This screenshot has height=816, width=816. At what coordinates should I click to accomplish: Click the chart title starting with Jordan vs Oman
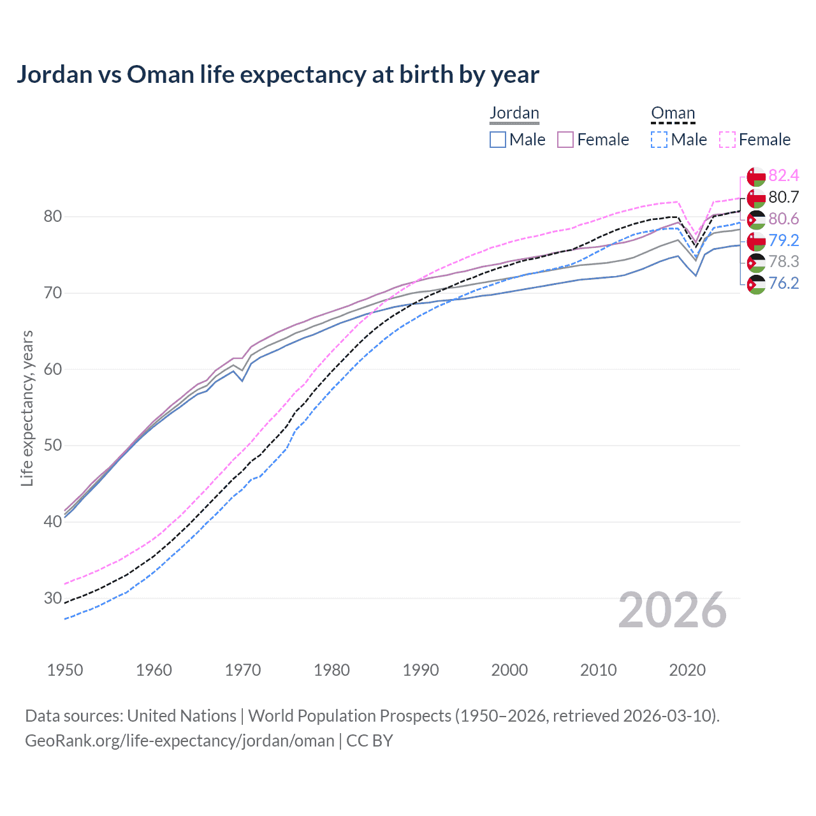[x=278, y=75]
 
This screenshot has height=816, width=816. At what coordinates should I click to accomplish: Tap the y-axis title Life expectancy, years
[x=27, y=408]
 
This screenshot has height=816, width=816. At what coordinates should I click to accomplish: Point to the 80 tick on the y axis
[x=52, y=217]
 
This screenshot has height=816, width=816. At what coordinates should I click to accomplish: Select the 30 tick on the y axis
[x=52, y=598]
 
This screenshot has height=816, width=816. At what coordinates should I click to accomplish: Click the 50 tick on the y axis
[x=52, y=445]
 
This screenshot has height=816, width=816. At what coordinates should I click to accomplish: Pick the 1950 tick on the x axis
[x=65, y=670]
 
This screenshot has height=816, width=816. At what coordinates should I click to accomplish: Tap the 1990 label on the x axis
[x=421, y=670]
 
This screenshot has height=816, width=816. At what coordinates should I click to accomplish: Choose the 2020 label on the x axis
[x=687, y=670]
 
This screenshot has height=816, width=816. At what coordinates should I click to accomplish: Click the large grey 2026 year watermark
[x=672, y=610]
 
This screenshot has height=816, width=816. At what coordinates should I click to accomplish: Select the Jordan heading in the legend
[x=514, y=113]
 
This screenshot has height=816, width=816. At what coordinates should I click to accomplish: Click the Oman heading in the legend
[x=673, y=113]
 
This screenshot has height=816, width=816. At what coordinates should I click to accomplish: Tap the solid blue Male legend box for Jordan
[x=498, y=140]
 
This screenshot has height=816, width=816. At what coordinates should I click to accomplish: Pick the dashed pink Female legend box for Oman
[x=727, y=140]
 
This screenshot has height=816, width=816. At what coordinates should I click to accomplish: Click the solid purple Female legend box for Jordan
[x=565, y=140]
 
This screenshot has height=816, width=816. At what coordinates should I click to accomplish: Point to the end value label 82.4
[x=783, y=176]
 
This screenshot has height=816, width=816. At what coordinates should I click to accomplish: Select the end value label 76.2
[x=783, y=283]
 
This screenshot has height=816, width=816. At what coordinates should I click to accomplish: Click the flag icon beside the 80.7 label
[x=756, y=198]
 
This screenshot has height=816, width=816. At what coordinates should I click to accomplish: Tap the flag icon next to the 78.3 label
[x=756, y=262]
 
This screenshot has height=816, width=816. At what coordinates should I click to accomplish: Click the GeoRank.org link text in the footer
[x=180, y=740]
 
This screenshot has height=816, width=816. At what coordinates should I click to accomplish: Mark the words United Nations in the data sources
[x=182, y=715]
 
